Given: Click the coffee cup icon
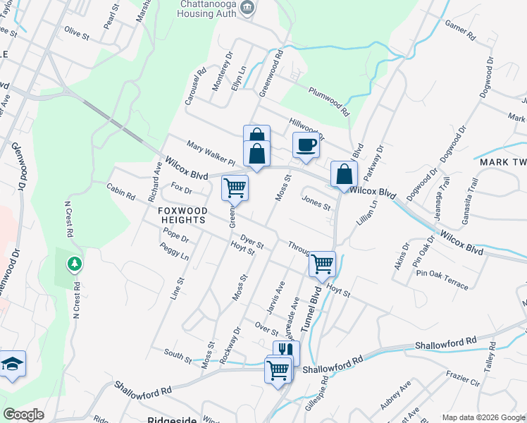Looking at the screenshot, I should (x=306, y=145).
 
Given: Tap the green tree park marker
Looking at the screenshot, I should (x=74, y=264).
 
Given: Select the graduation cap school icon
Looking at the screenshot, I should (x=12, y=364).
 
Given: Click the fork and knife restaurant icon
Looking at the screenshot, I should (x=286, y=351).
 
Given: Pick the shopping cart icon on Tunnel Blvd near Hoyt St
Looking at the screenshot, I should (x=322, y=264).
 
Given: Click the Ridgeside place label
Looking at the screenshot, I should (x=172, y=419).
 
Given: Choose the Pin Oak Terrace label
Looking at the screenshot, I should (x=442, y=278).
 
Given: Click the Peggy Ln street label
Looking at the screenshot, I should (x=174, y=252).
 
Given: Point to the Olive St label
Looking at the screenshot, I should (x=77, y=33).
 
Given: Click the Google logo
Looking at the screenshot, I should (x=23, y=415).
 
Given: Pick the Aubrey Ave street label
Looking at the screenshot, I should (x=395, y=395).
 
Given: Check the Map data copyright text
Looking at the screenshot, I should (x=483, y=418).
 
